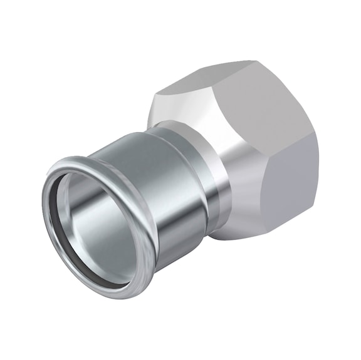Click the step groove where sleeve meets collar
pyautogui.click(x=188, y=188)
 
